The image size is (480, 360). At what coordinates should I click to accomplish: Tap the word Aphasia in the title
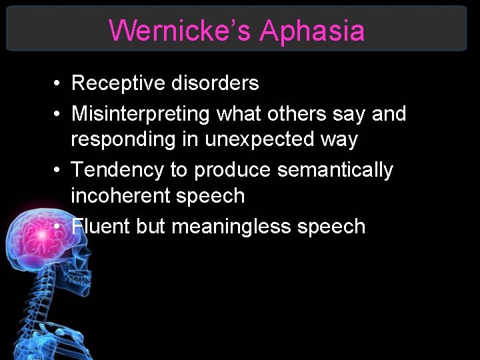point(312,31)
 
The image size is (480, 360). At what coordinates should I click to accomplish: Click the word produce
point(233,171)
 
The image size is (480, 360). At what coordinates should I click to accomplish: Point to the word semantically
point(335,171)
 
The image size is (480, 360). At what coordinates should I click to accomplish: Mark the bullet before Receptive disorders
point(59,84)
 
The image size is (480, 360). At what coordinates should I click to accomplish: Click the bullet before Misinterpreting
point(59,115)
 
